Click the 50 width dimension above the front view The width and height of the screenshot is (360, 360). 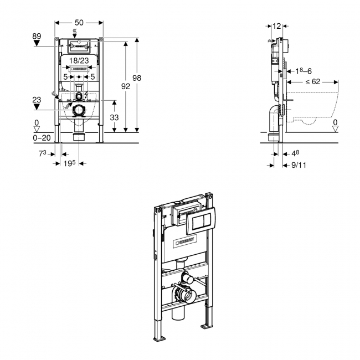click(x=79, y=22)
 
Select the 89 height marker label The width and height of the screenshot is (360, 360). click(x=37, y=37)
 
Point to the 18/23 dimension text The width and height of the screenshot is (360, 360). click(x=80, y=60)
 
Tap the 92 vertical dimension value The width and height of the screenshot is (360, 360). click(x=125, y=86)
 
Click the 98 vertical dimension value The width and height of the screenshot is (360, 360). click(x=137, y=78)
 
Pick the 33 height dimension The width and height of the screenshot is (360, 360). click(x=115, y=117)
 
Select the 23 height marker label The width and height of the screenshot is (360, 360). click(x=37, y=100)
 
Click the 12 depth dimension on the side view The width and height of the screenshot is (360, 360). click(x=277, y=25)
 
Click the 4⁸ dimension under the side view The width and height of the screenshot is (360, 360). click(x=296, y=153)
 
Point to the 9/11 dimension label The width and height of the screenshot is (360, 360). click(x=299, y=164)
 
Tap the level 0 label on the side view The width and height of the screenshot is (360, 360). click(x=335, y=122)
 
